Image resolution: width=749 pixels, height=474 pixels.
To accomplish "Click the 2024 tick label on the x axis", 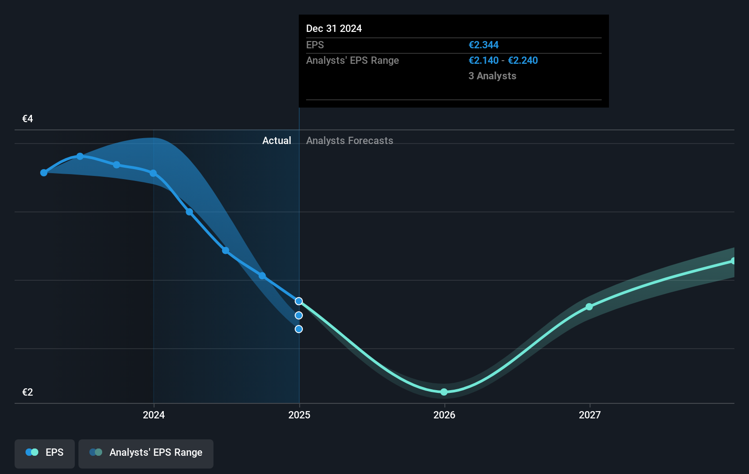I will (x=154, y=415).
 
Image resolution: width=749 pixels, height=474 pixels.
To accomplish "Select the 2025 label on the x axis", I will (x=299, y=415).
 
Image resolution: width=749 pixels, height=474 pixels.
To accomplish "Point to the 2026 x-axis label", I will (x=444, y=415).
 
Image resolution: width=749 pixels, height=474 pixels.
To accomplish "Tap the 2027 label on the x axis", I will (x=590, y=415).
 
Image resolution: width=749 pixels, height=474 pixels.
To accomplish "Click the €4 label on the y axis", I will (x=27, y=119).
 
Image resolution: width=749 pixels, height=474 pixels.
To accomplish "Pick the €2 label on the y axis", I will (x=27, y=392).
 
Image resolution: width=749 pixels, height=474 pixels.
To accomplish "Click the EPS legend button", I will (x=45, y=453).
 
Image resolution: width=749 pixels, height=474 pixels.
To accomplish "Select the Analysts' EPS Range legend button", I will (x=146, y=453).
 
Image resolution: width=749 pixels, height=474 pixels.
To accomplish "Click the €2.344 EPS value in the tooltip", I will (x=484, y=45).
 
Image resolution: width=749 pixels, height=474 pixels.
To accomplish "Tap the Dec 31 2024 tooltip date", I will (x=334, y=29).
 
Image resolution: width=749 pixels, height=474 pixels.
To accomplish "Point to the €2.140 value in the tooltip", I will (x=484, y=61).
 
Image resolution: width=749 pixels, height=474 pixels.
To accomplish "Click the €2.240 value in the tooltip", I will (x=523, y=61).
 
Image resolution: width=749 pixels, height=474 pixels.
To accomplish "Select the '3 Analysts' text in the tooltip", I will (x=492, y=76).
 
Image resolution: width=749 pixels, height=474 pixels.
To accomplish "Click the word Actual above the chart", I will (x=276, y=141).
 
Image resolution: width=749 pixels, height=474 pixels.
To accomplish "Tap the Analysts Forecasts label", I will (x=349, y=141).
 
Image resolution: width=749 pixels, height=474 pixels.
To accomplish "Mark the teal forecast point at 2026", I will (x=444, y=392).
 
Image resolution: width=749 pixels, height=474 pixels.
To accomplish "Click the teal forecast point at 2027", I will (x=589, y=307).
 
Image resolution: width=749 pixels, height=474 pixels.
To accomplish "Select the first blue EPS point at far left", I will (x=44, y=173).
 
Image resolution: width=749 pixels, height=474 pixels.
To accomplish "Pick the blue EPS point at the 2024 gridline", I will (x=153, y=173).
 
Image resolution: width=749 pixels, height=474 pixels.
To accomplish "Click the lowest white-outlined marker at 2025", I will (x=299, y=329).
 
